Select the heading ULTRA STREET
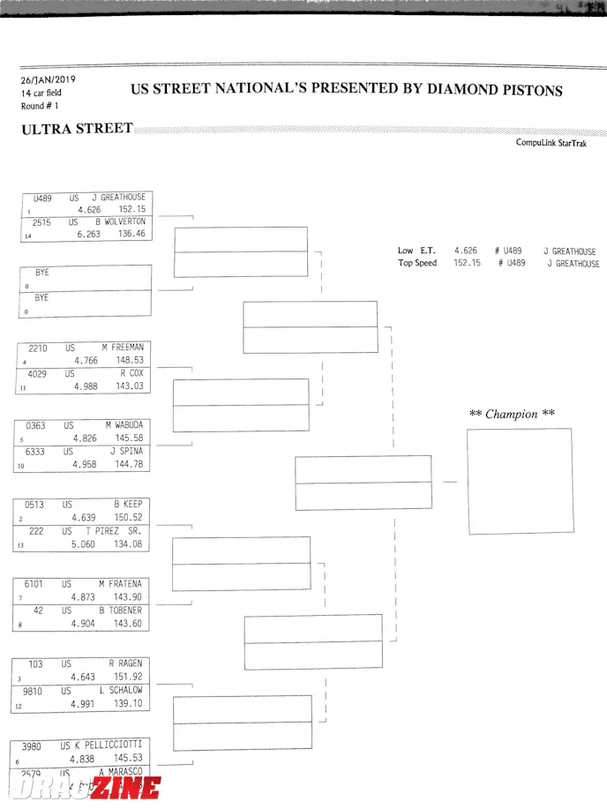[x=77, y=130]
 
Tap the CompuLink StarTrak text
[x=551, y=144]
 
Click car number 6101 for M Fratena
[x=34, y=584]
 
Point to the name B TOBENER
[x=120, y=610]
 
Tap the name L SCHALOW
[x=121, y=690]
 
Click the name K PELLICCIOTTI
[x=108, y=745]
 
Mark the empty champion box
[x=519, y=480]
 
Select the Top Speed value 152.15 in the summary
[x=467, y=263]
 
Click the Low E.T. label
[x=417, y=251]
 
